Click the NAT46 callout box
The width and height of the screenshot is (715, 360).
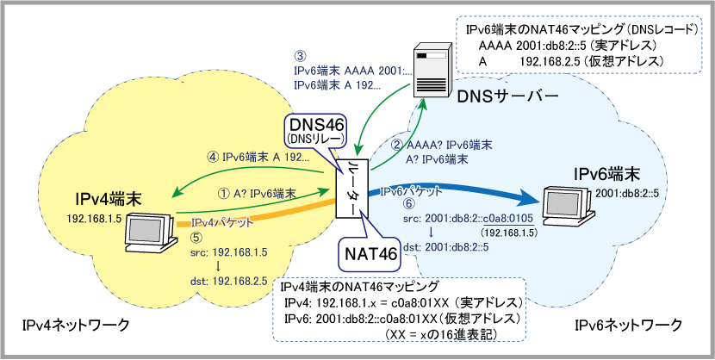371,253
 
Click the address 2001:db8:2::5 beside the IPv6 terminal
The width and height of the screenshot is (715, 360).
628,193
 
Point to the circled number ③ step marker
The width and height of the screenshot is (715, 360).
300,57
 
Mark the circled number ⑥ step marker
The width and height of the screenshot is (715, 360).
408,205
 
